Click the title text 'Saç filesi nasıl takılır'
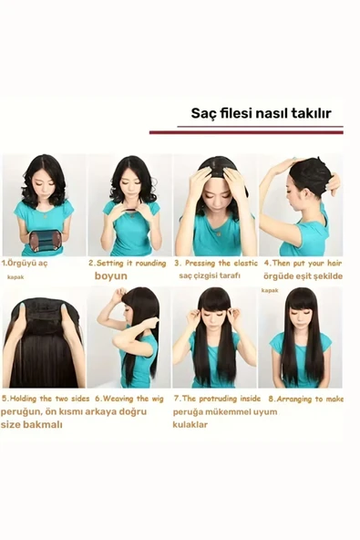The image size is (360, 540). (261, 114)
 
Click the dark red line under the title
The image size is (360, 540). (246, 132)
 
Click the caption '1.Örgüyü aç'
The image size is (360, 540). (26, 262)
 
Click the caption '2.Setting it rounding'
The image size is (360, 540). (128, 262)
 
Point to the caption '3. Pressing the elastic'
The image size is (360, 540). (214, 262)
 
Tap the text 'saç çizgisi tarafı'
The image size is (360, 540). (211, 275)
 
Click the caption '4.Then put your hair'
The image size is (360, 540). (303, 262)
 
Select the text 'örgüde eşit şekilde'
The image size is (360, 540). (303, 275)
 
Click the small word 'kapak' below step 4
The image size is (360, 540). (270, 290)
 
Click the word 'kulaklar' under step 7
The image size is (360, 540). (190, 424)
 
